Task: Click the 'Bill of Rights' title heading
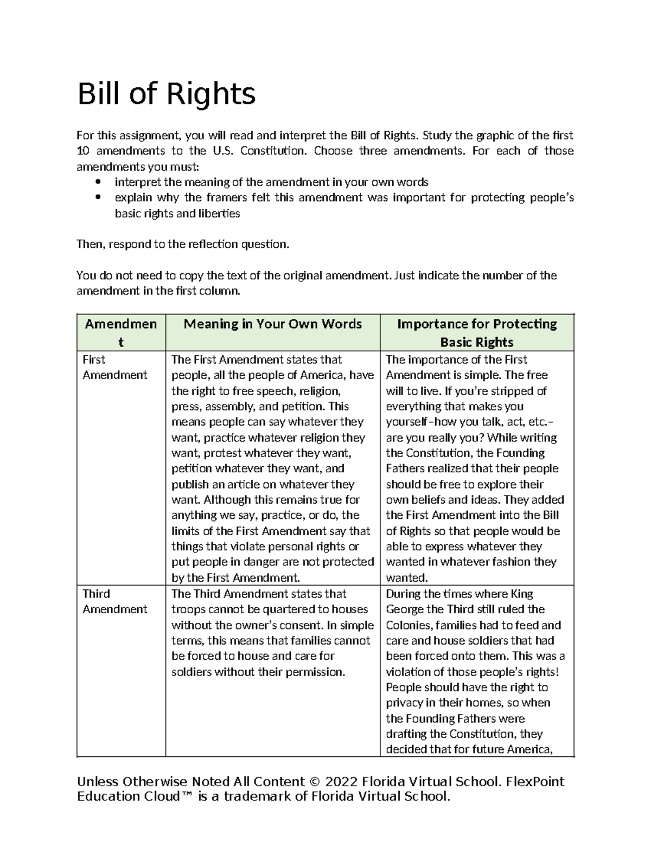click(166, 94)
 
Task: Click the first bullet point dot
click(98, 182)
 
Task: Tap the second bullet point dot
click(98, 198)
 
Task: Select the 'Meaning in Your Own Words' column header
click(272, 324)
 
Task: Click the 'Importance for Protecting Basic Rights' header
click(477, 333)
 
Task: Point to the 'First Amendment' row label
click(114, 367)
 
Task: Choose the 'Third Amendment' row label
click(114, 601)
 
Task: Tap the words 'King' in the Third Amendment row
click(521, 594)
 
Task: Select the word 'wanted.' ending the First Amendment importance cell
click(407, 577)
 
